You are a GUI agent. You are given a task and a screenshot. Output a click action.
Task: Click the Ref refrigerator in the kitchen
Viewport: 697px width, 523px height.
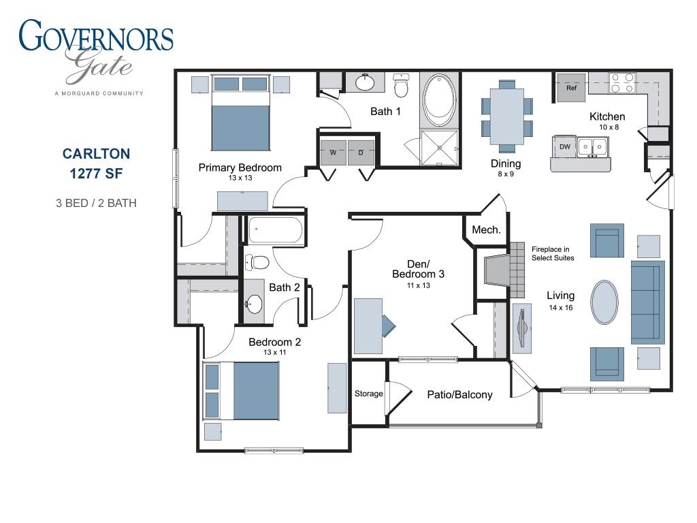(x=571, y=88)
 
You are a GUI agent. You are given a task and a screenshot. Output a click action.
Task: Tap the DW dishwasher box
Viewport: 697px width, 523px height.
(x=564, y=147)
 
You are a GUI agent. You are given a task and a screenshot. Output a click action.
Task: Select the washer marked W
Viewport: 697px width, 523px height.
(x=333, y=153)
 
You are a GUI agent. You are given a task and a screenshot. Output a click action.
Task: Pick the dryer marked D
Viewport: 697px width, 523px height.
(x=361, y=153)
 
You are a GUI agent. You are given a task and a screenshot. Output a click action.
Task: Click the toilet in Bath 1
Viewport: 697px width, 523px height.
(x=402, y=85)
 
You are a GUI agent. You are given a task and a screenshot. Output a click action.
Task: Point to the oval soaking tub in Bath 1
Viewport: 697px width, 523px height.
(x=439, y=99)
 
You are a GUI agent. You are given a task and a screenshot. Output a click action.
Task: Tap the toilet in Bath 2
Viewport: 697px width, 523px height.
(x=257, y=262)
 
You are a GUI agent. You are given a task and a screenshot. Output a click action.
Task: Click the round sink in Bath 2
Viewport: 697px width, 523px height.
(x=254, y=304)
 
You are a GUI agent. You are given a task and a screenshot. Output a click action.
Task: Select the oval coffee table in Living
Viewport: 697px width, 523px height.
(x=604, y=302)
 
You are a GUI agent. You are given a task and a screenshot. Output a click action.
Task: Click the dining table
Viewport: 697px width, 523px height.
(x=506, y=116)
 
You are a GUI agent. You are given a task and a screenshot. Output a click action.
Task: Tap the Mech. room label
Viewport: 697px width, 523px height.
(x=486, y=230)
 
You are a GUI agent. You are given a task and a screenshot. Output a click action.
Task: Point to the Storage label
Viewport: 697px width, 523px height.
(x=368, y=394)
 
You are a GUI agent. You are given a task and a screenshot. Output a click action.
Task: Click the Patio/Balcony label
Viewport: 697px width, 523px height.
(x=459, y=395)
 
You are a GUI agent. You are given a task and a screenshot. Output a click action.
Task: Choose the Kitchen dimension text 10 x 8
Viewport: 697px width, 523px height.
(x=609, y=127)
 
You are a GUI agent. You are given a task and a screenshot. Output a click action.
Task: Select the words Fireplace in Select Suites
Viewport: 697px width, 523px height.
(x=553, y=253)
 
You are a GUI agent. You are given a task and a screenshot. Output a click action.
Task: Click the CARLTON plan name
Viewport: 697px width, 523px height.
(x=97, y=154)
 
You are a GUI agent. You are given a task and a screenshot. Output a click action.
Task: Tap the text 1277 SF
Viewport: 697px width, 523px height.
(x=96, y=174)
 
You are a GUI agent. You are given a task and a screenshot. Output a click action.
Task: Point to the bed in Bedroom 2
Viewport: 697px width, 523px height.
(x=242, y=391)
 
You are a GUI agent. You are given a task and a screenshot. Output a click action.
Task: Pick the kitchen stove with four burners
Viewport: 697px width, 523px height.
(x=622, y=83)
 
